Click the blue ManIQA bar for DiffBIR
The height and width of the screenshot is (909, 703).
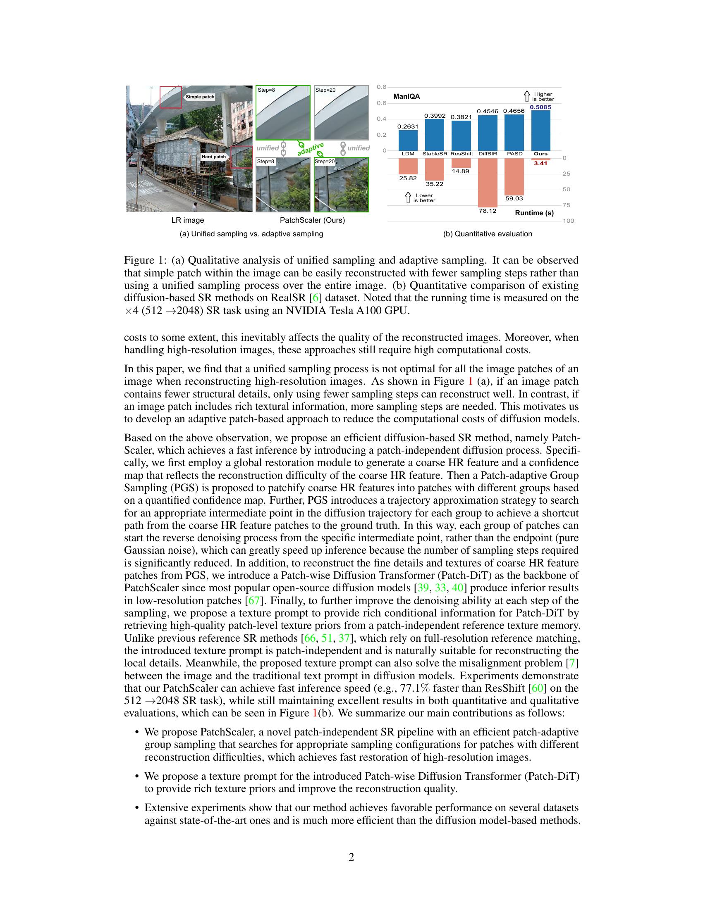point(487,133)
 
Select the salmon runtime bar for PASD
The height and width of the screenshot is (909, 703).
point(514,176)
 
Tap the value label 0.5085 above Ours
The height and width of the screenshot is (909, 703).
point(540,107)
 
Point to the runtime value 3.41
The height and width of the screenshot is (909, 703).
point(540,164)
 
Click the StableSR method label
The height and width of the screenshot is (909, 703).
point(435,154)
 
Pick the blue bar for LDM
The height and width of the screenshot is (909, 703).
point(408,140)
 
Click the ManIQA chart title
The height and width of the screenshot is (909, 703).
point(406,97)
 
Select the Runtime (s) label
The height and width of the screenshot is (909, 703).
point(534,213)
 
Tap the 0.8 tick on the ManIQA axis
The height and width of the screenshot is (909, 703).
point(381,87)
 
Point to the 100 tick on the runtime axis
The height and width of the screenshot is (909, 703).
point(568,221)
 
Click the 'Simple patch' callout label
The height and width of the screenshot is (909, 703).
point(200,97)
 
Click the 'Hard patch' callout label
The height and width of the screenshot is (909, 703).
point(213,157)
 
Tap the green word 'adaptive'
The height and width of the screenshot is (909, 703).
point(311,149)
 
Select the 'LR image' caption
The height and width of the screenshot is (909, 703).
point(188,220)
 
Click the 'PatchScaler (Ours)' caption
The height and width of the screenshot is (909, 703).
point(312,220)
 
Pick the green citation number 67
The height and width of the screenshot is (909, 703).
point(253,601)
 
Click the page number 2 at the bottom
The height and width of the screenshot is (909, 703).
point(351,857)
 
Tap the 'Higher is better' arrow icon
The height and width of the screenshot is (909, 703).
point(526,96)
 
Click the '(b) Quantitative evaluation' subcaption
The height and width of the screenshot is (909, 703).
point(487,234)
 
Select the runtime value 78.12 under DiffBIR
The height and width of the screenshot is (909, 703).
point(487,211)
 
